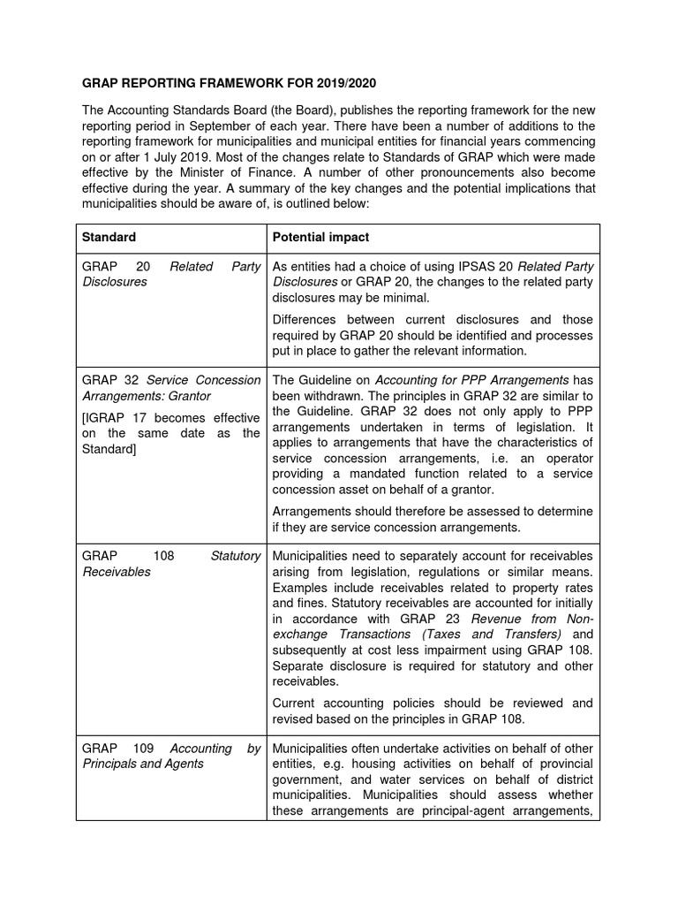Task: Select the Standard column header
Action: tap(109, 238)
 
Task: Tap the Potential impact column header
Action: tap(321, 238)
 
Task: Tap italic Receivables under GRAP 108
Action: tap(116, 572)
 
